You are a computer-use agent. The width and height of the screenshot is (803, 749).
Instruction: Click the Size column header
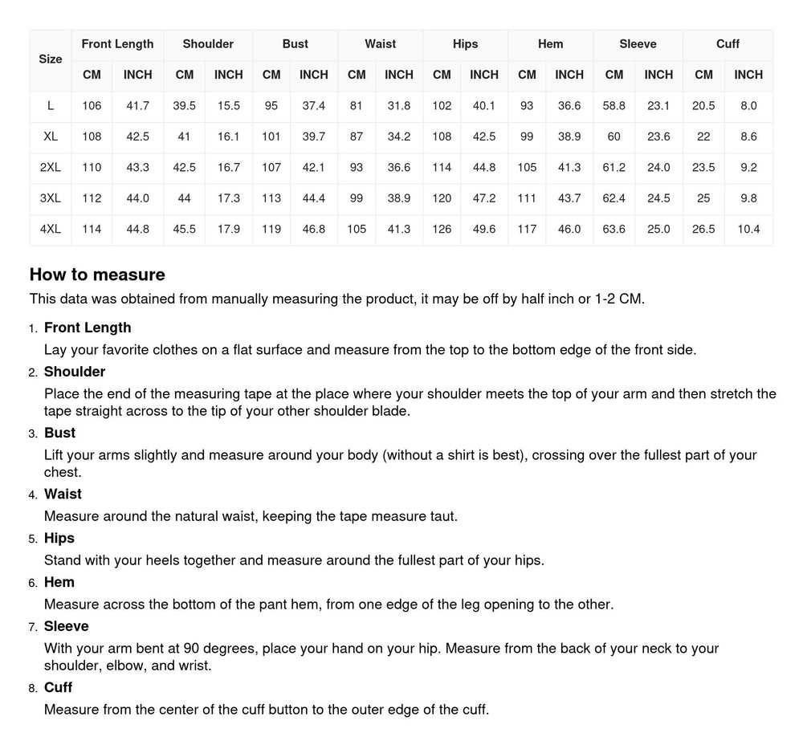coord(51,59)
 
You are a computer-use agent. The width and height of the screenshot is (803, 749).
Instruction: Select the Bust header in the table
coord(295,44)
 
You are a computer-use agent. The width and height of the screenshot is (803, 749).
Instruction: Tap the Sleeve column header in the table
coord(638,44)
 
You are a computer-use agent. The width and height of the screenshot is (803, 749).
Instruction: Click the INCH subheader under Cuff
coord(748,75)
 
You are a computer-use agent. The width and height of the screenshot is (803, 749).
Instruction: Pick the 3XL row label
coord(51,198)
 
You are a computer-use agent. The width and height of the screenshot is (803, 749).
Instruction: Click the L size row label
coord(51,106)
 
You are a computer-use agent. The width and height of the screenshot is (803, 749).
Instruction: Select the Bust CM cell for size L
coord(271,106)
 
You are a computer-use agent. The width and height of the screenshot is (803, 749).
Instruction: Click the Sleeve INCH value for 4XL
coord(658,230)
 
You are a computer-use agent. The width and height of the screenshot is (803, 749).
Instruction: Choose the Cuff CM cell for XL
coord(703,136)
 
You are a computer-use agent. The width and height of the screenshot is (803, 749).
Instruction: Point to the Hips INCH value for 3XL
coord(484,198)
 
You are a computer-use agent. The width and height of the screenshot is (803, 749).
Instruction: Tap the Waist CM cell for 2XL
coord(357,168)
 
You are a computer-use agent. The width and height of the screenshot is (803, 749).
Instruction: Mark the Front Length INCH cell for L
coord(137,106)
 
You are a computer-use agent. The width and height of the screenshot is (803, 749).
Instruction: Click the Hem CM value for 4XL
coord(527,230)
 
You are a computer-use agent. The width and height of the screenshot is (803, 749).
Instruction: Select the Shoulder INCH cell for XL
coord(228,136)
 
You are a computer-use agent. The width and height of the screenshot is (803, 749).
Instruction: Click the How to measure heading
coord(97,275)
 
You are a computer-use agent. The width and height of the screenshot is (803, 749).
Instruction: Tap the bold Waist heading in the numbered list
coord(63,494)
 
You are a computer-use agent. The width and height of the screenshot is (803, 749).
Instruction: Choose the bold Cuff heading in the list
coord(58,687)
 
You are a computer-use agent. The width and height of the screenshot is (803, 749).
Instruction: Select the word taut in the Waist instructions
coord(441,516)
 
